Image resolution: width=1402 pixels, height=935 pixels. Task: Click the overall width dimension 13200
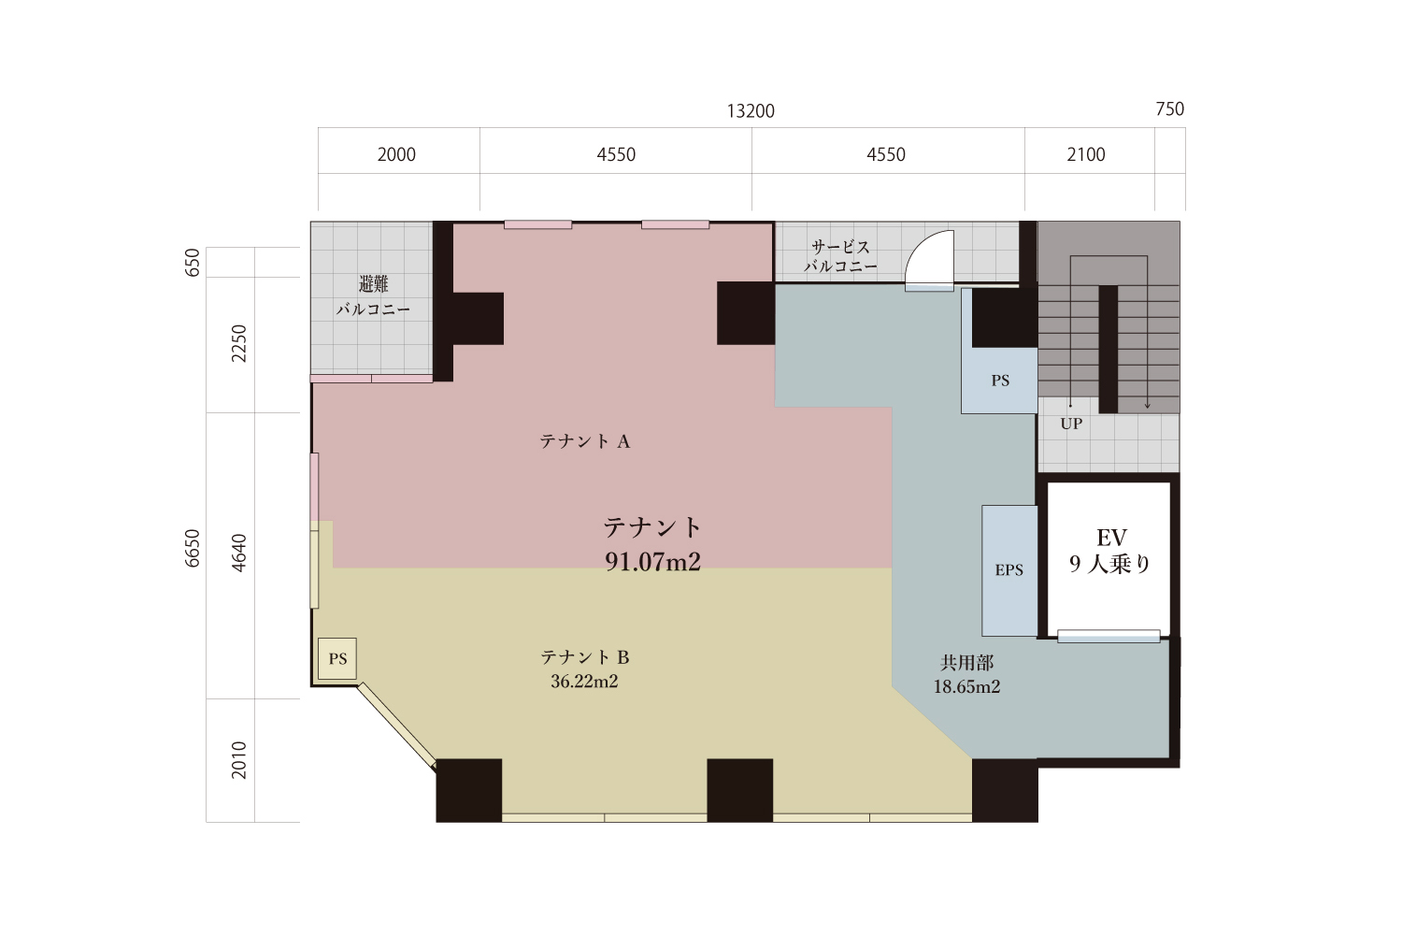click(751, 111)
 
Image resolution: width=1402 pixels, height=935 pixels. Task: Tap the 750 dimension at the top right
click(1170, 109)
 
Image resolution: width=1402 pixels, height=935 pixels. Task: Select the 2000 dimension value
click(396, 154)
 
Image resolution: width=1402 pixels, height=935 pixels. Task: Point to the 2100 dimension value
click(1086, 154)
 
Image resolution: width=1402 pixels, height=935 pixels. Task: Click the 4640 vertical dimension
click(239, 553)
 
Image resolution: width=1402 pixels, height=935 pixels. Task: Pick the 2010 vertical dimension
click(239, 759)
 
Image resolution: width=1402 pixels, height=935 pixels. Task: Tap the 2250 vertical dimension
click(239, 343)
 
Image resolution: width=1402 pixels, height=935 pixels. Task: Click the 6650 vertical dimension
click(193, 549)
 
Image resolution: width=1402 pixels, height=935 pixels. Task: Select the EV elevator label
click(1111, 538)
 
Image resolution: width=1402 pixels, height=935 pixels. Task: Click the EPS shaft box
click(1009, 570)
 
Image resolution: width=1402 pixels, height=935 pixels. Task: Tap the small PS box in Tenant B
click(337, 659)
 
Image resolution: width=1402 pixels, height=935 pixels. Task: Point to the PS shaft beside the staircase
click(999, 381)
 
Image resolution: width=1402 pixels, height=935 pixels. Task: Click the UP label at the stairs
click(1071, 424)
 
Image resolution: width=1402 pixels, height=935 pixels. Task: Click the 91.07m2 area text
click(652, 562)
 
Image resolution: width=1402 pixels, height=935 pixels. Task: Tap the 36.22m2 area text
click(584, 682)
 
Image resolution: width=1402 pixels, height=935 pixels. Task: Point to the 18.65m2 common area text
click(966, 687)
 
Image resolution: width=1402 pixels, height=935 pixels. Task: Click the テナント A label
click(584, 441)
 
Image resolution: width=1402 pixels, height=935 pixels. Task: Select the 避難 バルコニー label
click(373, 296)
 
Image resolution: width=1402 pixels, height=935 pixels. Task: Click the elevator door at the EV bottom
click(1109, 636)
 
